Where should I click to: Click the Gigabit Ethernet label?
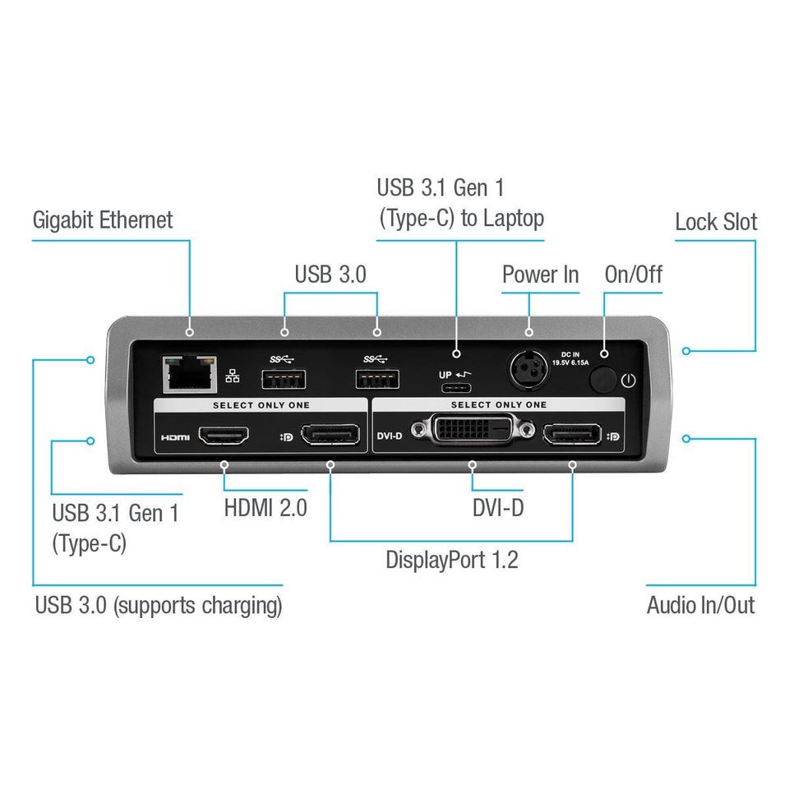tap(103, 220)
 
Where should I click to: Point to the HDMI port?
tap(225, 435)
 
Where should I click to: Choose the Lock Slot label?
tap(715, 222)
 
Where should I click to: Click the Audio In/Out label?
tap(700, 606)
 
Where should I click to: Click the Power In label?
tap(540, 275)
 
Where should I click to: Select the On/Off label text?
tap(633, 275)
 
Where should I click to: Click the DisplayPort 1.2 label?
tap(452, 561)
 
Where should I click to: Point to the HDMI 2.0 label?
tap(265, 507)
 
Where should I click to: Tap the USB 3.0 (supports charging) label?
tap(158, 606)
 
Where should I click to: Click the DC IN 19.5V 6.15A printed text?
tap(571, 361)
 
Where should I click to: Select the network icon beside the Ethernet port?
tap(233, 376)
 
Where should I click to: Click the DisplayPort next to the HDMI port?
tap(330, 435)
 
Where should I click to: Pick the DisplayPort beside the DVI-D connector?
tap(571, 435)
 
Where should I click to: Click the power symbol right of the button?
tap(629, 381)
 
